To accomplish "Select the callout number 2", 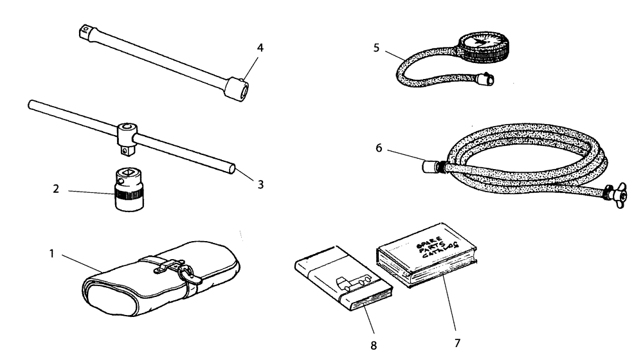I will pyautogui.click(x=57, y=191).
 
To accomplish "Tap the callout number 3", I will pyautogui.click(x=260, y=184).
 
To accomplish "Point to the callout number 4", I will pyautogui.click(x=260, y=48).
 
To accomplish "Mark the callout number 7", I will pyautogui.click(x=458, y=343).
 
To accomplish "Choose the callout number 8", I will pyautogui.click(x=374, y=345).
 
